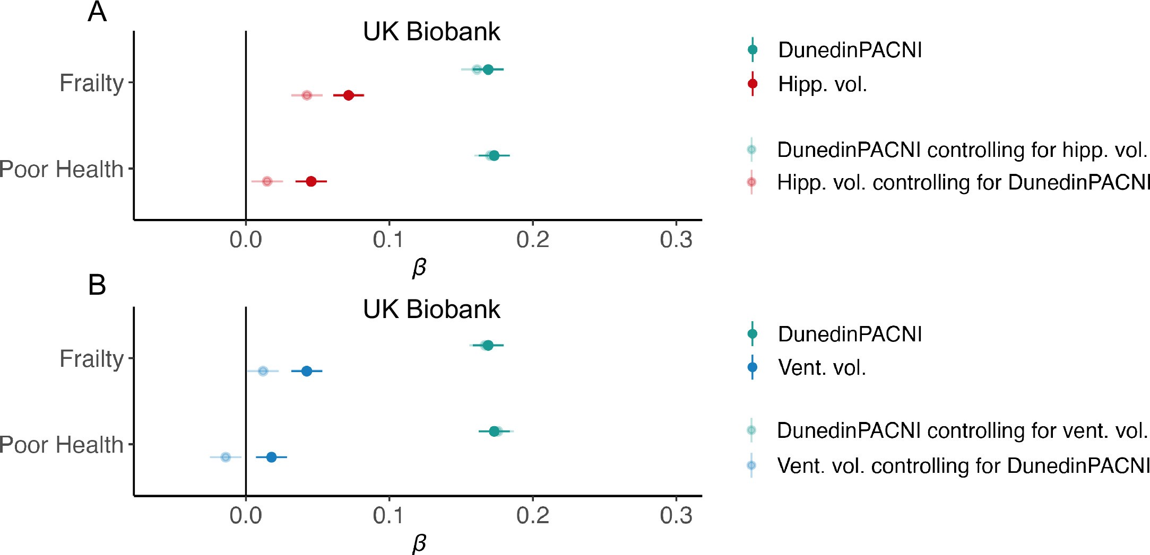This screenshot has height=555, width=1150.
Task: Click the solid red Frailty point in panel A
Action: point(349,95)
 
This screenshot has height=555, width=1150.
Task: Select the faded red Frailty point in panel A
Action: point(307,95)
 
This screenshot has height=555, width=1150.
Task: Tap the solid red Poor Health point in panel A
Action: point(311,181)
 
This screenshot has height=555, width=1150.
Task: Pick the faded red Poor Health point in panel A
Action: point(267,181)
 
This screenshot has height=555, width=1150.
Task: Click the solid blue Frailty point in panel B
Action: point(307,371)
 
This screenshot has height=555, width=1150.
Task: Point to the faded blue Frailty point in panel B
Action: point(263,371)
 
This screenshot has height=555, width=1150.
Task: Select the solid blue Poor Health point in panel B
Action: point(271,457)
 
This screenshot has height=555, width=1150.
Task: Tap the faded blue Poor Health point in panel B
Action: point(226,457)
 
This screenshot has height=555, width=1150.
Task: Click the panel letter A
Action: point(97,12)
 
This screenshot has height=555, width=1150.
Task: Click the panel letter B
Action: point(97,285)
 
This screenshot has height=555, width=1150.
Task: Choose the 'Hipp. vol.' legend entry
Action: point(822,84)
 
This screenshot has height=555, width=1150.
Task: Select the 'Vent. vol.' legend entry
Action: point(822,367)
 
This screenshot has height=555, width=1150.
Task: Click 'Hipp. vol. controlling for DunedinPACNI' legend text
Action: point(963,182)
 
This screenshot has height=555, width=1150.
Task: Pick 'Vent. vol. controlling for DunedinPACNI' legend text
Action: point(962,466)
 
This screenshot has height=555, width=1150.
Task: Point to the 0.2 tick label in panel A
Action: point(533,240)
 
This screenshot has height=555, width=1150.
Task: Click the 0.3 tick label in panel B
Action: point(676,516)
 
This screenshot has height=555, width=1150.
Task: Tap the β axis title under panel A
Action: point(419,268)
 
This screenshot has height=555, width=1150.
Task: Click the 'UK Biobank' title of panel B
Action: point(431,310)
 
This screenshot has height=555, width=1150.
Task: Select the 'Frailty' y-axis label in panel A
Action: point(91,83)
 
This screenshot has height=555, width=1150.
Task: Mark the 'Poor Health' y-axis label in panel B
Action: point(61,445)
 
